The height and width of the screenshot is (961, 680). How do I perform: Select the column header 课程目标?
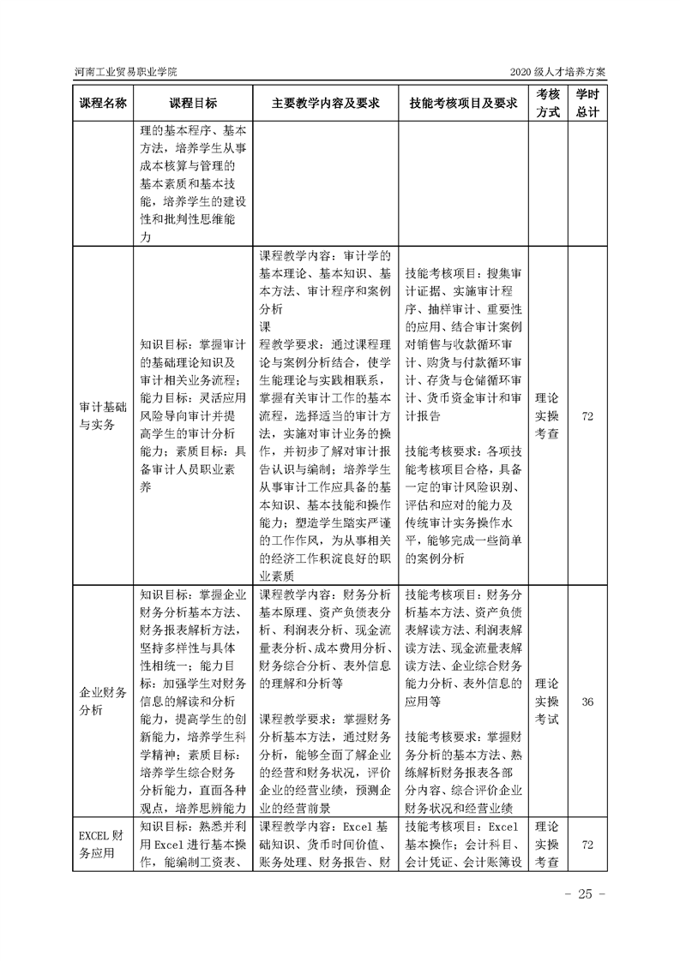point(193,103)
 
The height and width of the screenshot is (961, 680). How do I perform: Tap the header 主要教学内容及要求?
point(325,103)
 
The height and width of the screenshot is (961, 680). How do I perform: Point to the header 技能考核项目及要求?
point(464,103)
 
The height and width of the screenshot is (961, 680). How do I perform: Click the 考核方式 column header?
point(548,102)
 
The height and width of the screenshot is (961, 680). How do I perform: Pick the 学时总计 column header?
point(587,102)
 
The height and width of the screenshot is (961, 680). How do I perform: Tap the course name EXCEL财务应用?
point(101,845)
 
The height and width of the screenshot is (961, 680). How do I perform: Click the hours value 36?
point(587,701)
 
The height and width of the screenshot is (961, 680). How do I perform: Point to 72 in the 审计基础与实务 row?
point(587,417)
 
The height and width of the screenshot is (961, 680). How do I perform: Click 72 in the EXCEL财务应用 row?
point(587,845)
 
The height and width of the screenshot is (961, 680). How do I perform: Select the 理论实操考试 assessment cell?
point(547,701)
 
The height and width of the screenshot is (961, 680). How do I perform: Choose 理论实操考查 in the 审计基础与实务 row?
point(547,417)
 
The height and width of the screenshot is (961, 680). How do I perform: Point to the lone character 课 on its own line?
point(265,327)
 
